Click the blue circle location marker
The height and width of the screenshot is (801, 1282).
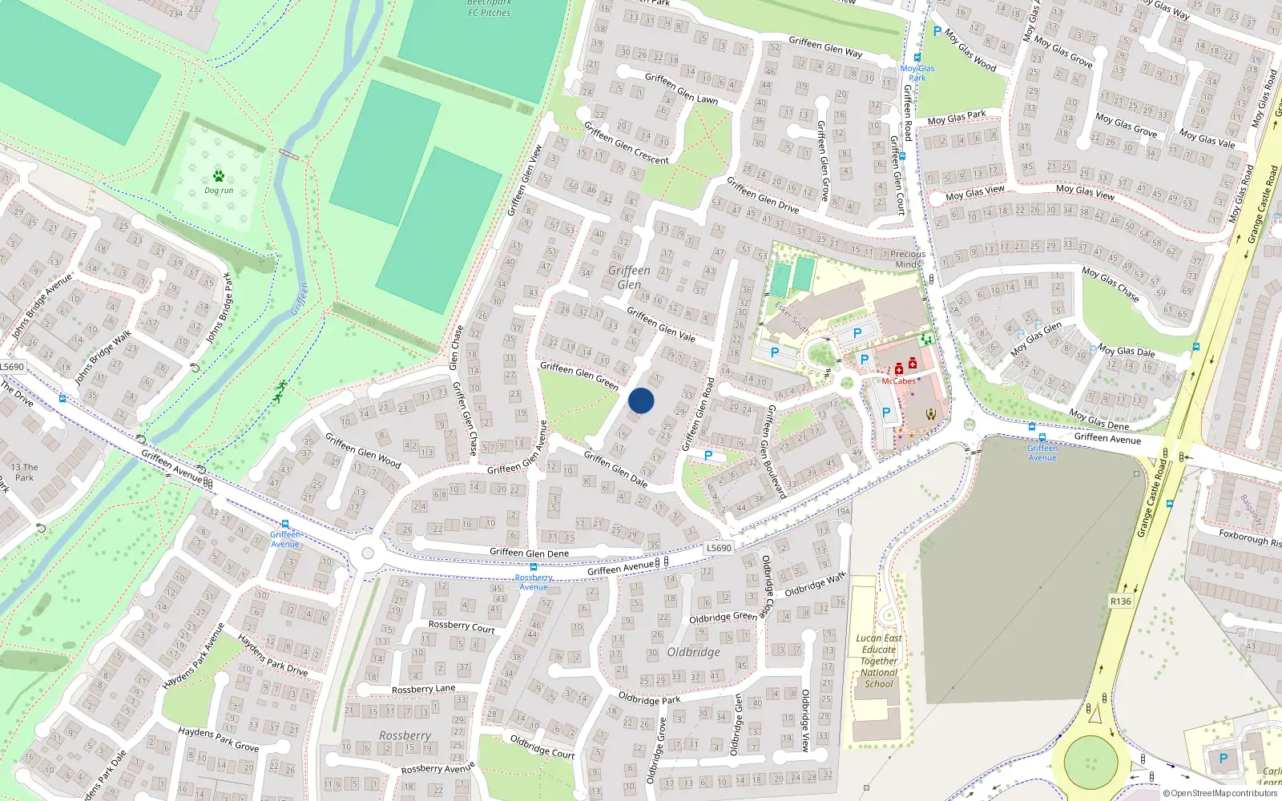tap(641, 400)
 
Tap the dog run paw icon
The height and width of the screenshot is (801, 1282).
tap(219, 176)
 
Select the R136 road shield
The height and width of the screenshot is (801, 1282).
tap(1121, 602)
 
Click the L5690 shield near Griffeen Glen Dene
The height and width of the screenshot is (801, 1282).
tap(719, 548)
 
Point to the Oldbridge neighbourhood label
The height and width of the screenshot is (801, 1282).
tap(693, 652)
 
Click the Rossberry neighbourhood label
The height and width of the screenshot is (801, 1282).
tap(405, 735)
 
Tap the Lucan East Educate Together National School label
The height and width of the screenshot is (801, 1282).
tap(879, 662)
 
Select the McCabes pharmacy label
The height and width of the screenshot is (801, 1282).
tap(898, 381)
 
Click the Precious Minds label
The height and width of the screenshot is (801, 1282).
tap(908, 259)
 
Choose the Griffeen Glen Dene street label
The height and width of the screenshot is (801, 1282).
tap(529, 553)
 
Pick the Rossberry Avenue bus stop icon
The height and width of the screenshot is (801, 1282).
tap(533, 567)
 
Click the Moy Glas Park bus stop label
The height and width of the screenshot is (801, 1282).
tap(917, 73)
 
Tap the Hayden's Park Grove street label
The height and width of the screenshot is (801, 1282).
tap(218, 739)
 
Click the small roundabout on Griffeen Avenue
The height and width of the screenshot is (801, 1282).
tap(368, 553)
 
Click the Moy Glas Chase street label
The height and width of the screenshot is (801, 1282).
tap(1110, 284)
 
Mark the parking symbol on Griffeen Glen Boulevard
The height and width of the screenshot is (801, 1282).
tap(708, 456)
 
